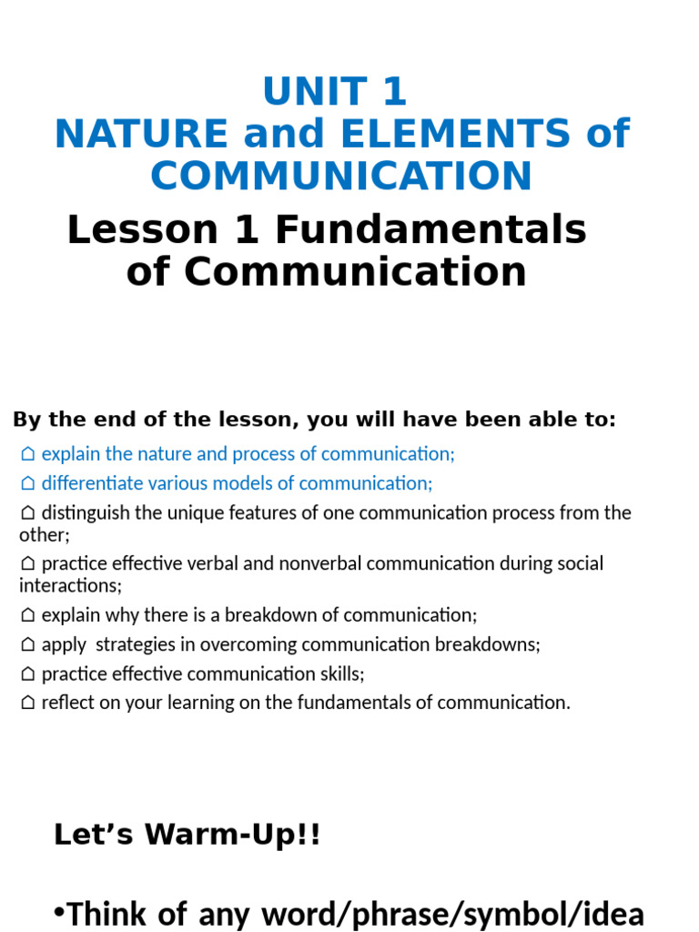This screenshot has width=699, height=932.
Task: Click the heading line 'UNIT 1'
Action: [x=335, y=92]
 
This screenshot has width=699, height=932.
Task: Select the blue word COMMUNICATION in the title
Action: [x=341, y=176]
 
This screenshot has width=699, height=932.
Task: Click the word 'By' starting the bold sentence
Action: [x=24, y=420]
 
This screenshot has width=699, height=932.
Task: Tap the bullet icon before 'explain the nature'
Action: [x=28, y=454]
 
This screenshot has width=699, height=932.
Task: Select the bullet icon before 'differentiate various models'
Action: [x=28, y=483]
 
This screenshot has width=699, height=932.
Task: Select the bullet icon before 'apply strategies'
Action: [x=28, y=645]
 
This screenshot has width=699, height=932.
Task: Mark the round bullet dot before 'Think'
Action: [x=59, y=913]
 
